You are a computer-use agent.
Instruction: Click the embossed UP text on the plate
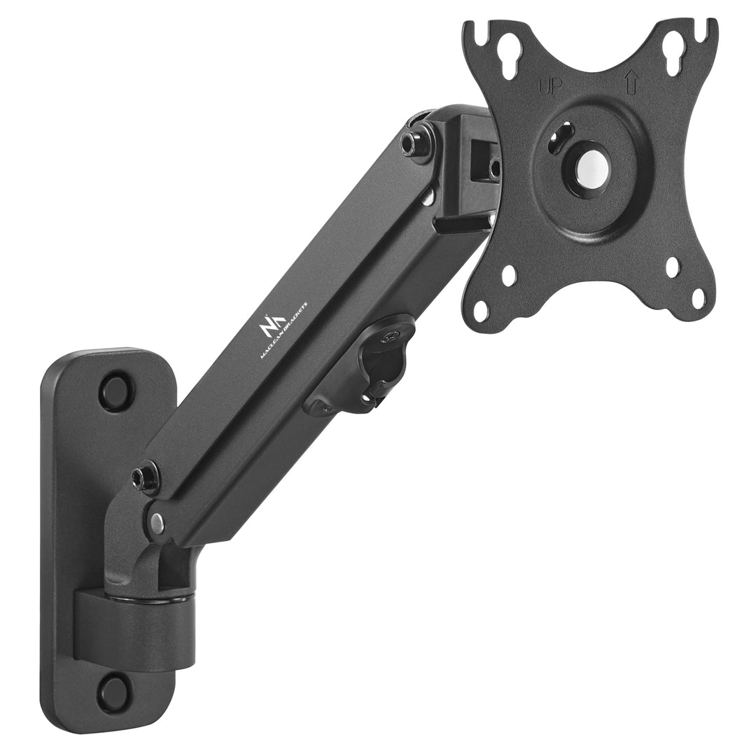pyautogui.click(x=550, y=87)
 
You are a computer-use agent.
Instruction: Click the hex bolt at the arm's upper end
pyautogui.click(x=412, y=139)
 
